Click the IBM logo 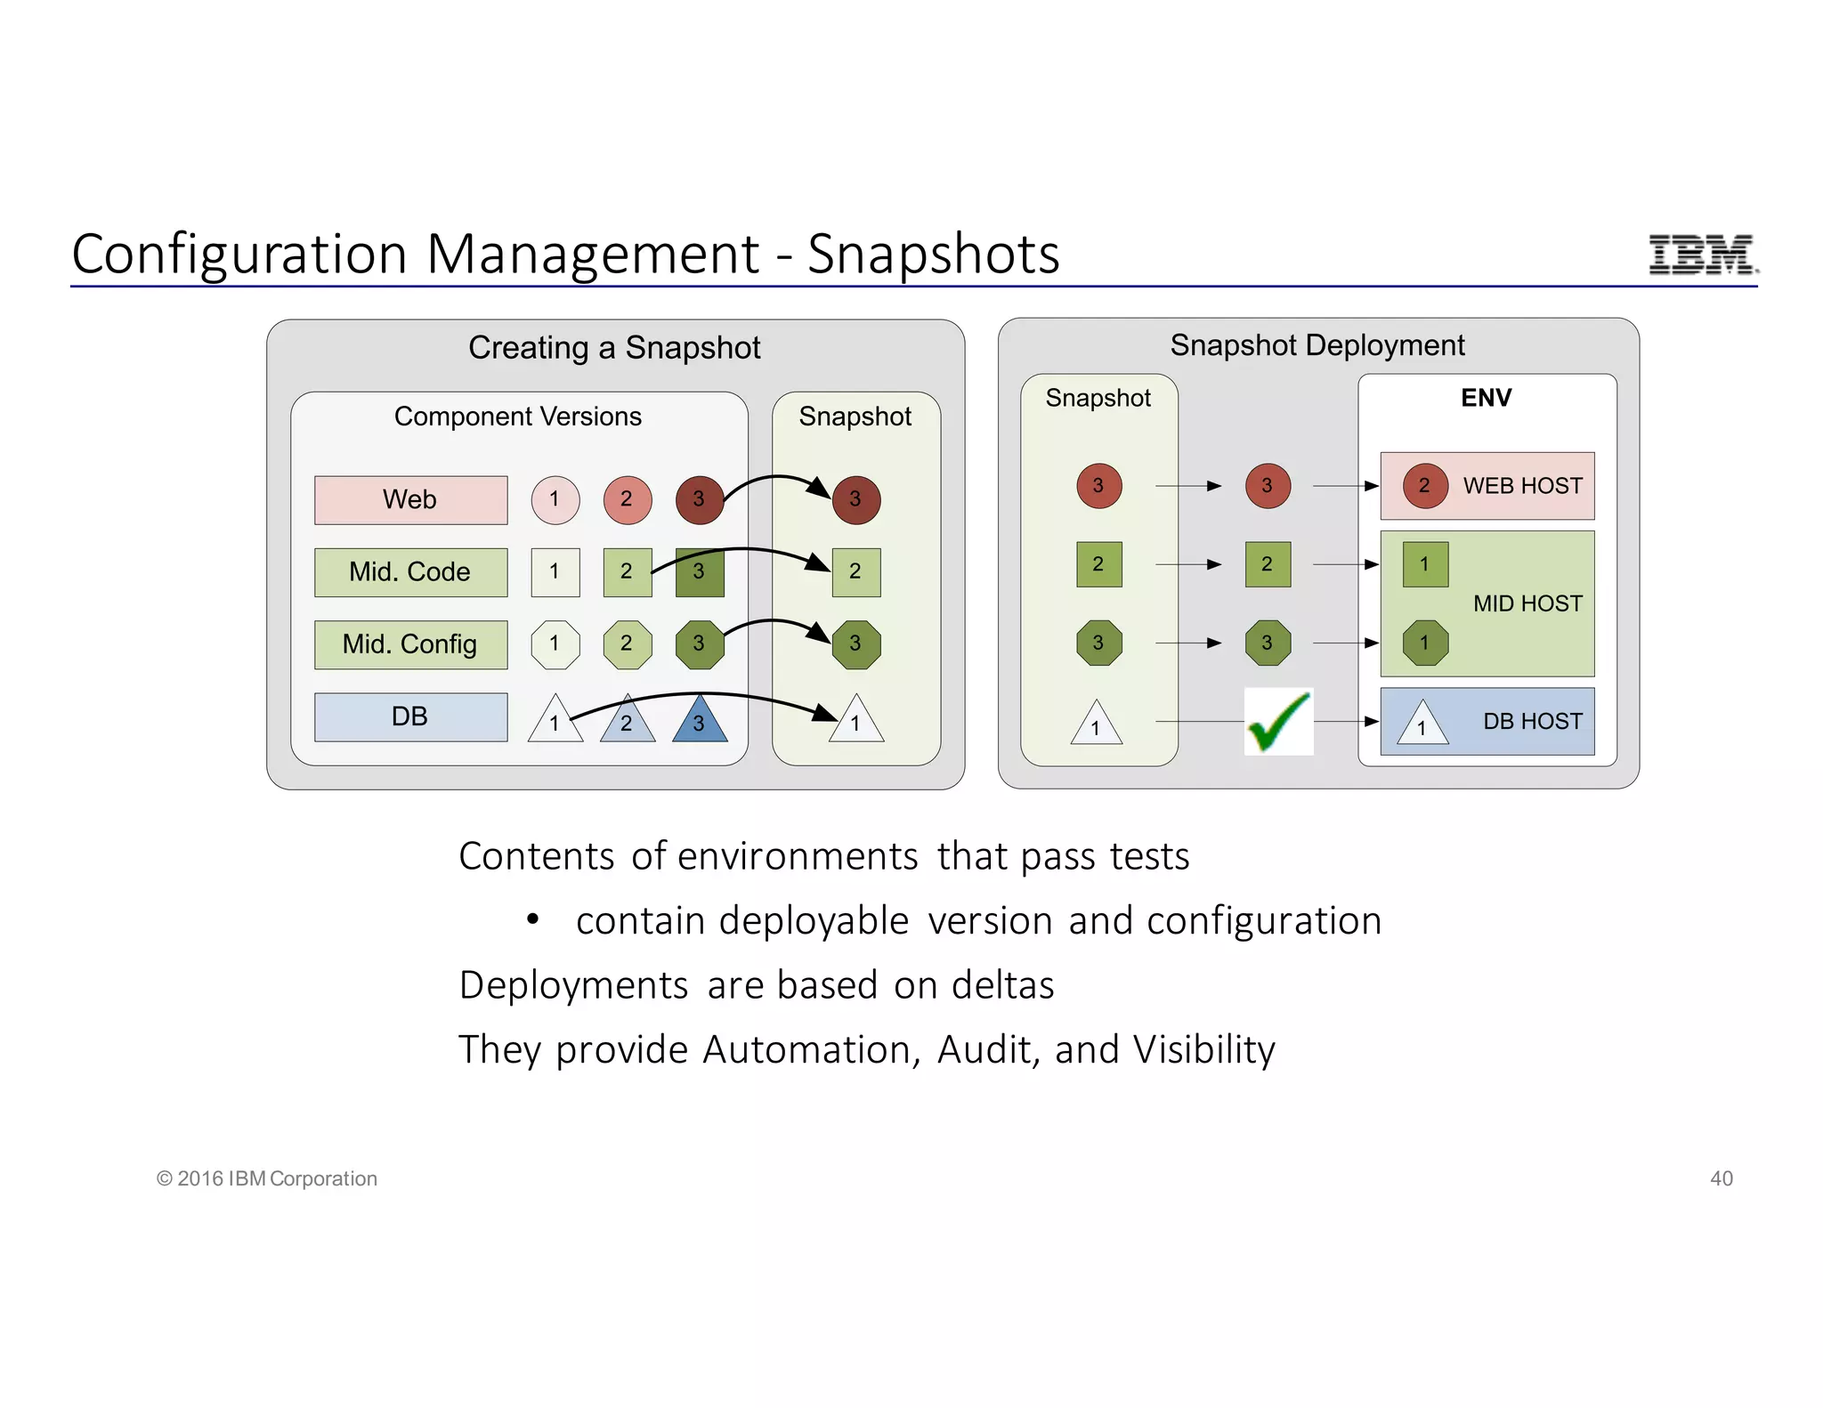pyautogui.click(x=1702, y=255)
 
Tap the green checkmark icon pyautogui.click(x=1278, y=722)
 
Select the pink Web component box pyautogui.click(x=410, y=499)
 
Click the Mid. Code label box pyautogui.click(x=410, y=572)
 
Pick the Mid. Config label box pyautogui.click(x=410, y=644)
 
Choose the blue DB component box pyautogui.click(x=410, y=716)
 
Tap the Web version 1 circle pyautogui.click(x=555, y=499)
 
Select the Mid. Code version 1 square pyautogui.click(x=555, y=571)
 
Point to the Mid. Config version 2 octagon pyautogui.click(x=627, y=643)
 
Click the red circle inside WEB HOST pyautogui.click(x=1424, y=486)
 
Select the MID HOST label pyautogui.click(x=1527, y=603)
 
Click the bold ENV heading pyautogui.click(x=1486, y=398)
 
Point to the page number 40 pyautogui.click(x=1721, y=1178)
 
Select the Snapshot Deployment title pyautogui.click(x=1317, y=345)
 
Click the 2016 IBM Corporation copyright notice pyautogui.click(x=267, y=1178)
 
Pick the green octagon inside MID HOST pyautogui.click(x=1424, y=643)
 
